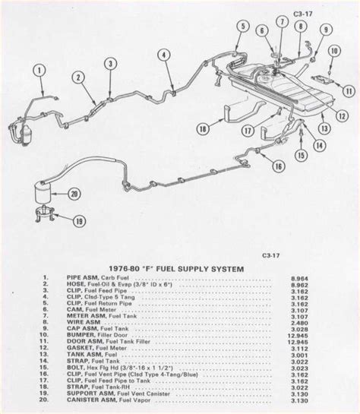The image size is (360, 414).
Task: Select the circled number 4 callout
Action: tap(163, 53)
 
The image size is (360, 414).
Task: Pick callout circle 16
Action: tap(278, 166)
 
